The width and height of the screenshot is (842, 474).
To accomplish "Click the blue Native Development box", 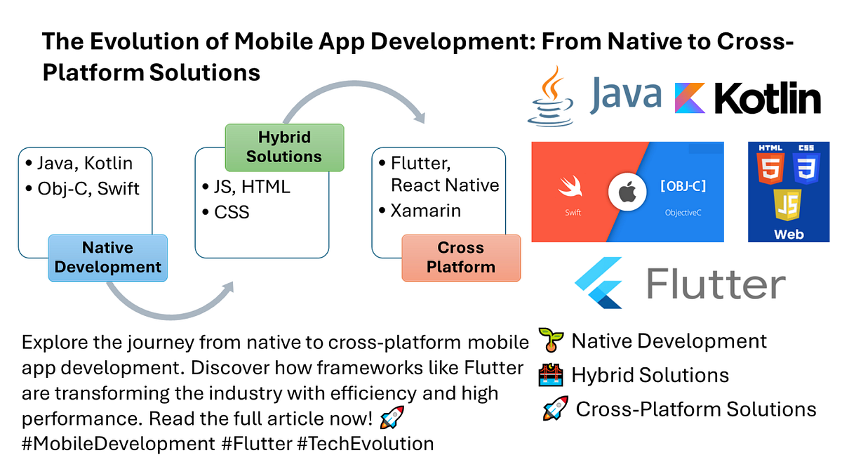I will (x=107, y=258).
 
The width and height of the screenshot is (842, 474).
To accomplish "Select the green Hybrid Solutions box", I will (x=284, y=147).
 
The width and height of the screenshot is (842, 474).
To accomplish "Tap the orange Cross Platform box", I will (x=461, y=258).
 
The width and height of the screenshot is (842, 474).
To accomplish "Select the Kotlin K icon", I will (x=690, y=98).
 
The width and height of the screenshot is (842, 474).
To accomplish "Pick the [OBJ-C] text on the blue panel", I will (x=683, y=186).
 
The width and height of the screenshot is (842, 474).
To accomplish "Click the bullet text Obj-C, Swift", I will (x=89, y=188).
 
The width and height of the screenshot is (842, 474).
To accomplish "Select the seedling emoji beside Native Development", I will (x=551, y=341).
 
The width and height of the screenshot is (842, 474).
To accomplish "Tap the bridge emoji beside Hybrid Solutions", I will (x=551, y=375).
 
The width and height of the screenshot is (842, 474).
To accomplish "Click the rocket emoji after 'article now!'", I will (x=391, y=419).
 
